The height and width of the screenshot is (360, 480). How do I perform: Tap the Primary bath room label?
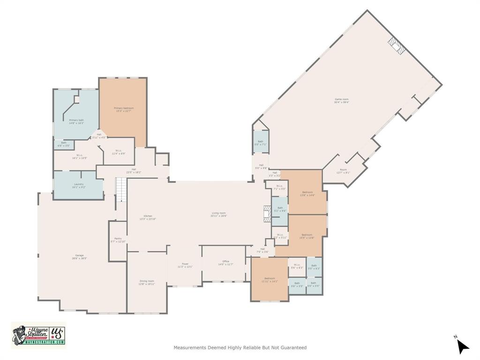(x=76, y=120)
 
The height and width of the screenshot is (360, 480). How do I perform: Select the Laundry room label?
(x=78, y=184)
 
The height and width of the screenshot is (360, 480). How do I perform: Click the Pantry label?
(x=118, y=239)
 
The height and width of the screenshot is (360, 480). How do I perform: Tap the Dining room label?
(x=146, y=281)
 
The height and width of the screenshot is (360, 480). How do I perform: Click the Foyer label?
(x=185, y=264)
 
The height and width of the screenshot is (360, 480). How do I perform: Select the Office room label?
(x=225, y=262)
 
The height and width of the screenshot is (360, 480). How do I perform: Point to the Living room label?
(x=219, y=213)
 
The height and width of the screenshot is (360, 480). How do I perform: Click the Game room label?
(x=341, y=99)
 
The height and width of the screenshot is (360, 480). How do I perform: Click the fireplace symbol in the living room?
(x=267, y=213)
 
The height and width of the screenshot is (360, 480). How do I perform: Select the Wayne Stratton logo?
(x=38, y=335)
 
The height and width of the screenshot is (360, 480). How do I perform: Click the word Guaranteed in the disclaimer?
(x=294, y=348)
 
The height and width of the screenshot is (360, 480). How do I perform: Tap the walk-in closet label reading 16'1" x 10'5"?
(x=78, y=156)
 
